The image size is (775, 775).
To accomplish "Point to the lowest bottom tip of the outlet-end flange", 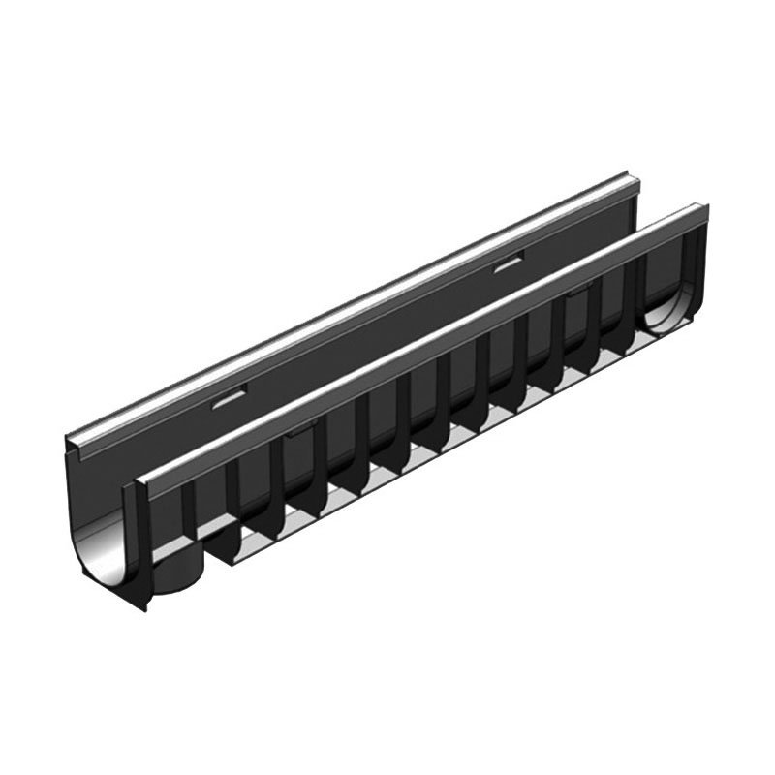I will pyautogui.click(x=145, y=608).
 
